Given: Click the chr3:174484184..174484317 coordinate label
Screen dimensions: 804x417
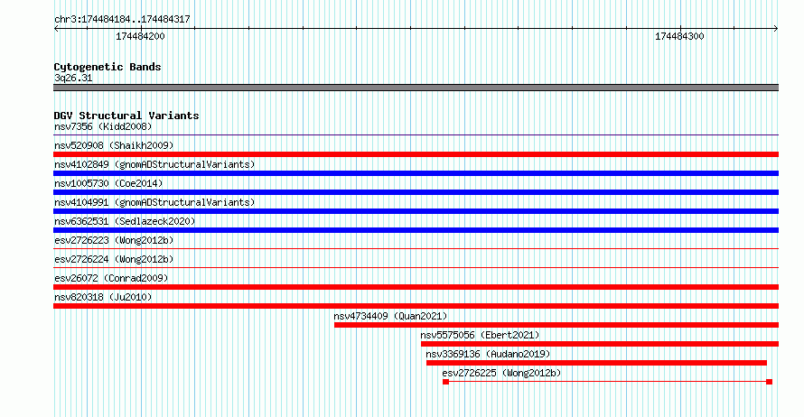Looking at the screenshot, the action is click(122, 20).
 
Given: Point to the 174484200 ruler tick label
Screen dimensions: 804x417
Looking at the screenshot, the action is click(140, 36).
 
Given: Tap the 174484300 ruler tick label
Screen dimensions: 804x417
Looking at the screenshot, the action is click(679, 36).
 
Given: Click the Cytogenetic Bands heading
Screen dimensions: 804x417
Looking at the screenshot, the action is click(108, 67).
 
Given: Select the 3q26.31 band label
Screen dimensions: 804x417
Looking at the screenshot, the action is click(73, 78).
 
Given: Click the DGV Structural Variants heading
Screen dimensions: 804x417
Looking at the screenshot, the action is click(126, 116).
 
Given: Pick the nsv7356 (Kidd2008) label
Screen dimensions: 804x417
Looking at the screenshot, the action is click(103, 126).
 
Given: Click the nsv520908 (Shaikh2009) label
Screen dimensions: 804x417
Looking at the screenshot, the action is click(114, 145).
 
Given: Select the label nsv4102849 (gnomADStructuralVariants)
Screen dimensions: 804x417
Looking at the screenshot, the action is click(154, 164).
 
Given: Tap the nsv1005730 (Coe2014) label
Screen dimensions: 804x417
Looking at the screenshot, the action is click(108, 183).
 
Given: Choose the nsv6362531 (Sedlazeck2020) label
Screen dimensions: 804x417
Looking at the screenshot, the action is click(125, 221).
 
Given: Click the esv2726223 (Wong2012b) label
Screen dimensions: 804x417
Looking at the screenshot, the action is click(114, 240).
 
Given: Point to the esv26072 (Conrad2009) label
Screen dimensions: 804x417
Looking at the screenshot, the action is click(111, 278).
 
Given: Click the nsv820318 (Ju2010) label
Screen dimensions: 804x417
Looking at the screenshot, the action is click(103, 297).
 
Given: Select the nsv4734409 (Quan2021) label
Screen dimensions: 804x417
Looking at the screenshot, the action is click(390, 316).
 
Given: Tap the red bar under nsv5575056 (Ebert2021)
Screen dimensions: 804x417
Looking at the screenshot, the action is click(600, 344).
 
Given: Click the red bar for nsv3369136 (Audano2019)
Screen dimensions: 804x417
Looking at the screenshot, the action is click(596, 363).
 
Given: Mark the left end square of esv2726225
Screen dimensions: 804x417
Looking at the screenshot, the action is click(445, 382).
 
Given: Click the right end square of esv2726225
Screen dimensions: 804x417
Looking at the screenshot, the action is click(769, 382).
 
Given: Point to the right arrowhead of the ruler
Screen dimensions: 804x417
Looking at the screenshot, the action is click(776, 29).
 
